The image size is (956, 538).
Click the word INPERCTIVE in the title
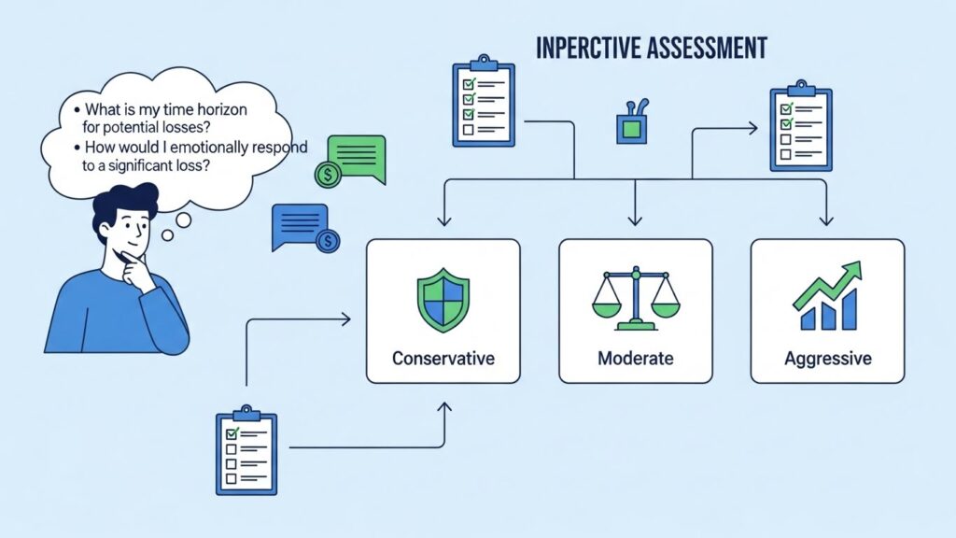[x=589, y=48]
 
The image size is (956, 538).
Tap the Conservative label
[x=443, y=359]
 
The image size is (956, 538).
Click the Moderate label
[x=635, y=359]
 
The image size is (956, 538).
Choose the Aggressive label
[x=827, y=359]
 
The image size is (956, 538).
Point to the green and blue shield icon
[x=443, y=299]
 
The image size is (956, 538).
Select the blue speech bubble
[x=299, y=224]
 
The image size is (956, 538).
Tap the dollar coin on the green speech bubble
[x=328, y=175]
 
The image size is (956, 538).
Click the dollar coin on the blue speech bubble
[x=328, y=242]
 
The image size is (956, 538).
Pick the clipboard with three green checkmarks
[x=483, y=103]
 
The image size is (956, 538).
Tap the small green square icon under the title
[x=632, y=128]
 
